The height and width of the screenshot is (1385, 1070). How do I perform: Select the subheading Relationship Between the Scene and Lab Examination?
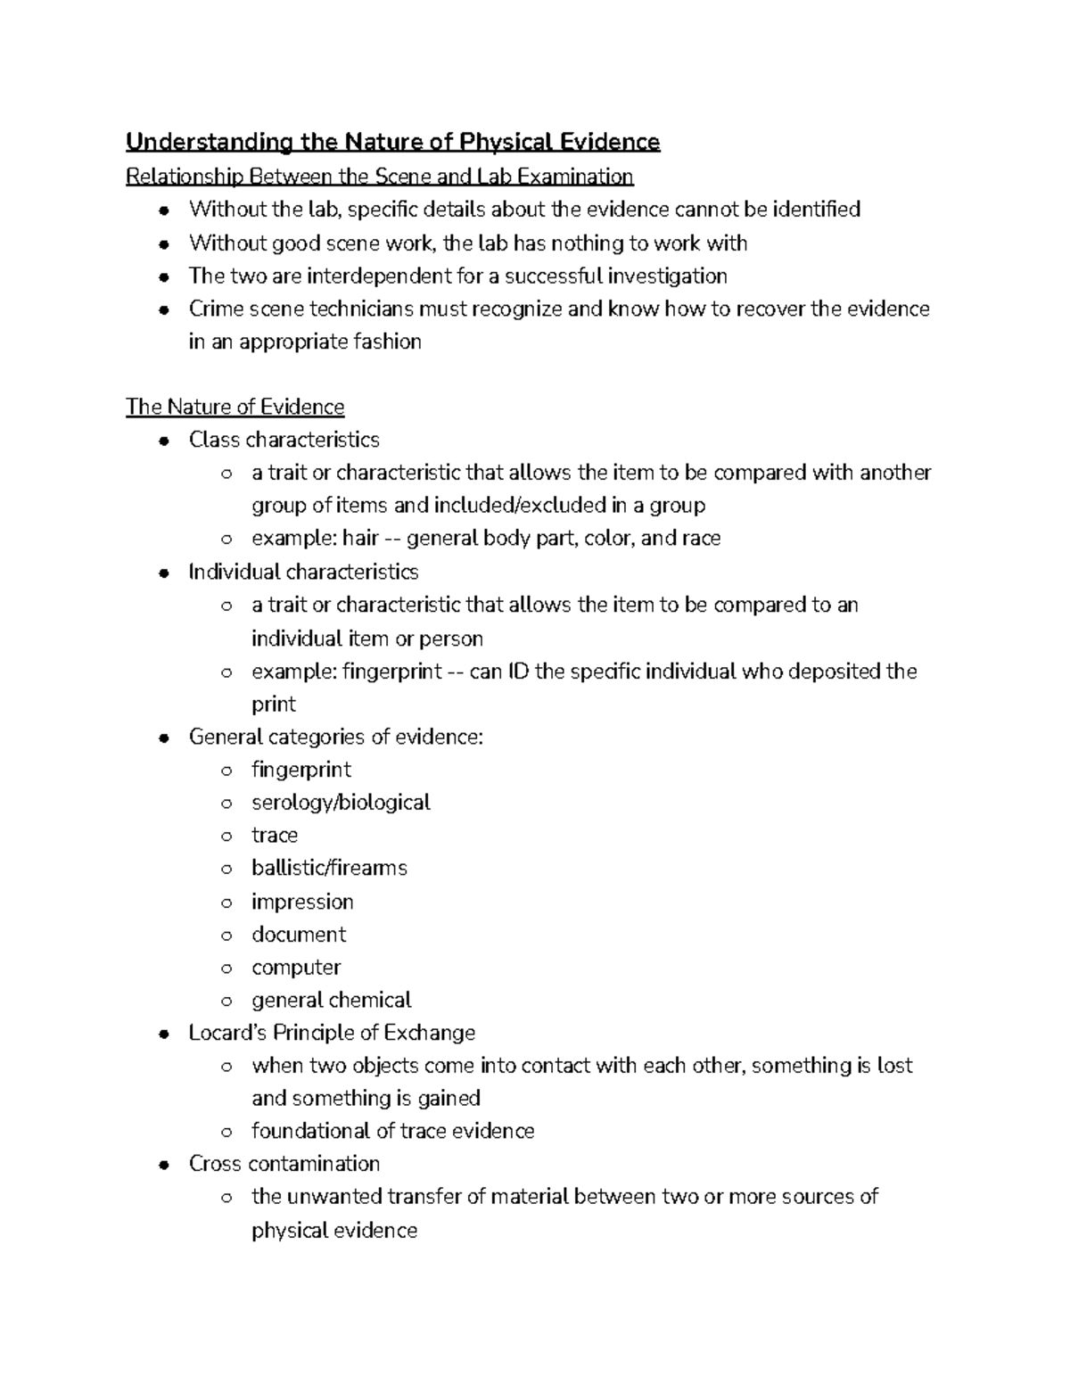[379, 177]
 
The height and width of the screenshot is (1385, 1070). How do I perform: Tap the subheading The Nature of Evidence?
[235, 407]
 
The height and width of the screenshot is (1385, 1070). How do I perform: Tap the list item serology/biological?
[341, 803]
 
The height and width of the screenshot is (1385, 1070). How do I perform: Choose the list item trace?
[275, 836]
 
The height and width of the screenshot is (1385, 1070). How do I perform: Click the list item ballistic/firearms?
[329, 869]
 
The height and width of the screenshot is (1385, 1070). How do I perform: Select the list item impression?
[302, 902]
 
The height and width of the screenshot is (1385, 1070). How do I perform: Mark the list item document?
[299, 935]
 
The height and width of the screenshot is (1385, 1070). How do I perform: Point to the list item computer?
[296, 968]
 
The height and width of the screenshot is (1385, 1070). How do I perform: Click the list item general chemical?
[331, 1001]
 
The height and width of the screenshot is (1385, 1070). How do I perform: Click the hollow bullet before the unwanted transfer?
[226, 1198]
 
